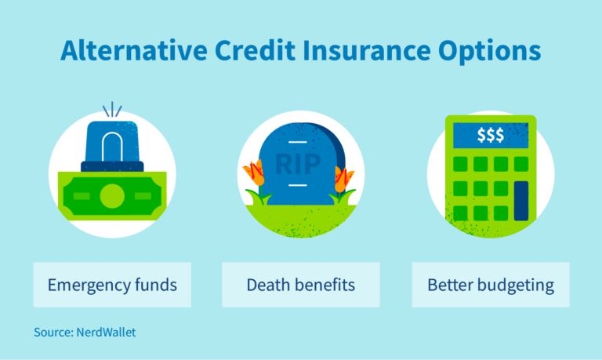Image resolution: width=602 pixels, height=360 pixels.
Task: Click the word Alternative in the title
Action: pos(133,52)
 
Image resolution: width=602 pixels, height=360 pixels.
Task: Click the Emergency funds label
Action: pos(111,285)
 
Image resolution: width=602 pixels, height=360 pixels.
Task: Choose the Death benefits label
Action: pos(301,285)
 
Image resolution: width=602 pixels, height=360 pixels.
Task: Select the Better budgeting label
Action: pos(491,285)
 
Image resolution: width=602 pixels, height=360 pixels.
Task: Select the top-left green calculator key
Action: pos(461,164)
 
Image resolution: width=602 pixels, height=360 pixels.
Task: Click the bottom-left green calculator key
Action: pos(461,213)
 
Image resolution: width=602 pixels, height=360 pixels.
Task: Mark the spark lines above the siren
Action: pos(112,109)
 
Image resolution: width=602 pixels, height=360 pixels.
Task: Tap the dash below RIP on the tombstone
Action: pos(296,185)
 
